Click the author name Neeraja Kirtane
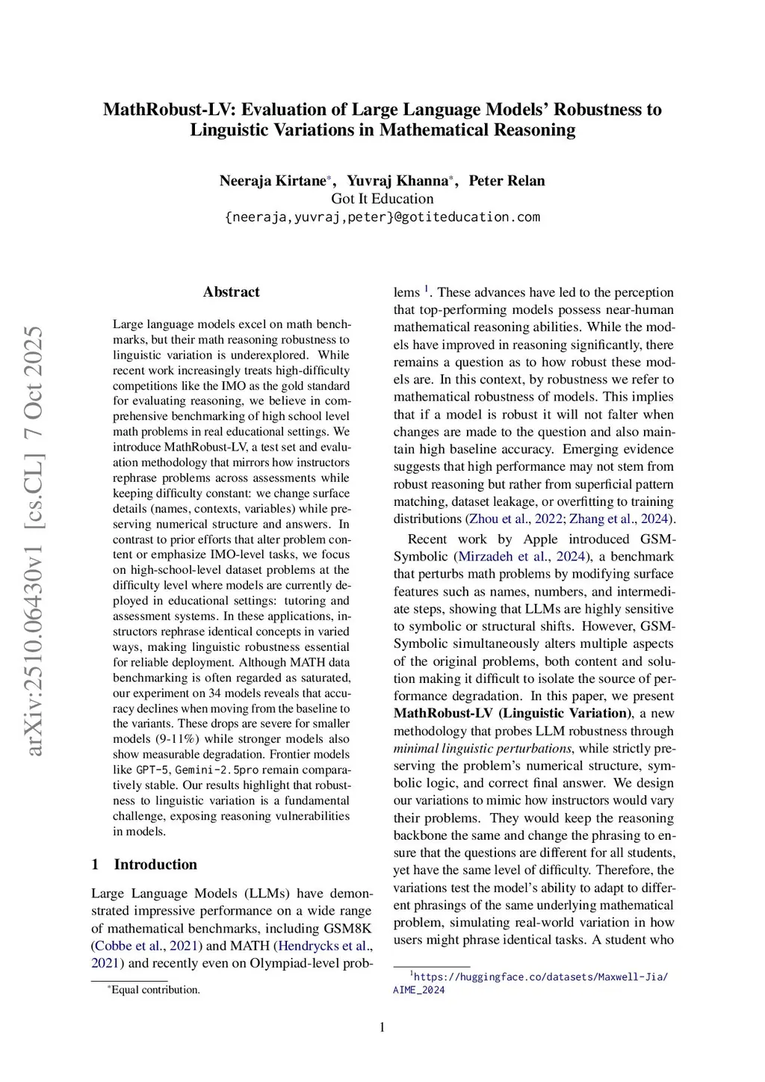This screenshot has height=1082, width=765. click(273, 181)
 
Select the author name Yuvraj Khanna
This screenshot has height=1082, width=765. click(397, 181)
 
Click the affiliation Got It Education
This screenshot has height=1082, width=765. click(382, 199)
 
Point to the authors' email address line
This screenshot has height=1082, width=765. click(382, 217)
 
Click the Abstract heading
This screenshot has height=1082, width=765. click(231, 292)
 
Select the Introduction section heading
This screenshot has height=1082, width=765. click(155, 865)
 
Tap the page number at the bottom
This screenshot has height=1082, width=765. click(382, 1027)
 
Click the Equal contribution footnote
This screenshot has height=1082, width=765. click(155, 990)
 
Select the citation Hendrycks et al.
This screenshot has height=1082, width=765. click(322, 946)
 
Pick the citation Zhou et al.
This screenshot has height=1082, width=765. click(499, 519)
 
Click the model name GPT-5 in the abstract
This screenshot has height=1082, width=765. click(152, 770)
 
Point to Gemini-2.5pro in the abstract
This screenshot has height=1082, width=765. click(217, 770)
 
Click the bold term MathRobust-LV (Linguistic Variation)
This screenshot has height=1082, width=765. click(513, 714)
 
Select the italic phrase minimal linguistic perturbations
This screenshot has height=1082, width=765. click(483, 749)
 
